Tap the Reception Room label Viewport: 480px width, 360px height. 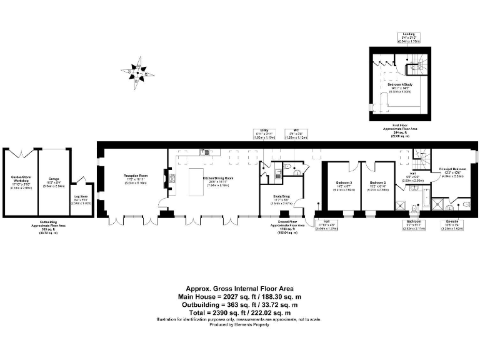click(135, 178)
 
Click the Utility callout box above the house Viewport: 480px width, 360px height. click(264, 134)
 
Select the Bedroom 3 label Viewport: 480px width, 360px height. click(342, 186)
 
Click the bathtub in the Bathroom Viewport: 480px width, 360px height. click(425, 202)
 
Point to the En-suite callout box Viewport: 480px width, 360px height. click(452, 224)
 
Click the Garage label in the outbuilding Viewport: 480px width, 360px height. click(54, 181)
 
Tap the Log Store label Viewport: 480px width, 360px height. click(81, 201)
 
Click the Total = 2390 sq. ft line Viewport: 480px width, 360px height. click(240, 312)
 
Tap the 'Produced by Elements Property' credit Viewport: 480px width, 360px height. click(240, 325)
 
